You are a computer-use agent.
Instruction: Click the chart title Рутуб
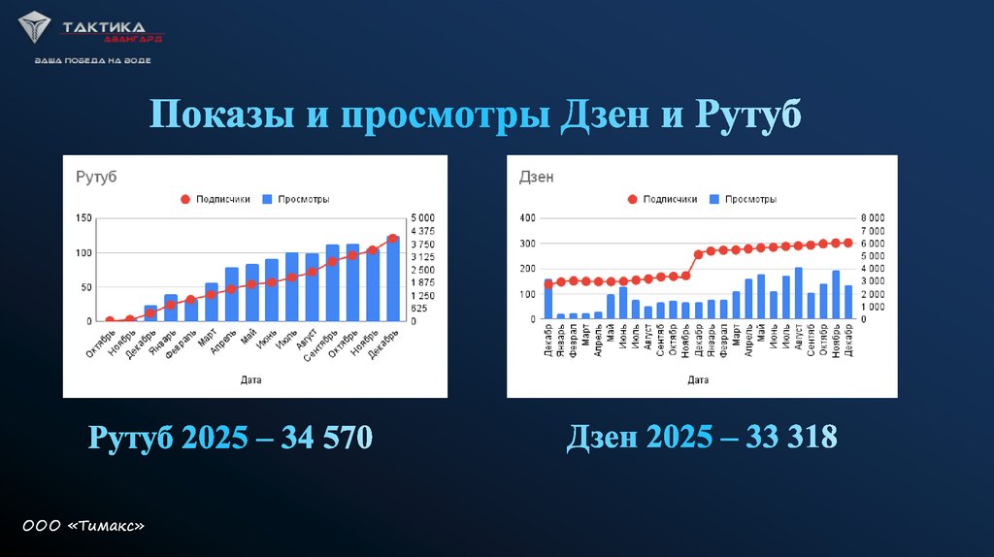coord(96,177)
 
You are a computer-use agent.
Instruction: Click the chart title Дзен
coord(537,177)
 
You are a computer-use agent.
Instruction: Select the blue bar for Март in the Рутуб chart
coord(212,302)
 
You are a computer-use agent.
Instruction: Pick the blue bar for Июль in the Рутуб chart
coord(292,287)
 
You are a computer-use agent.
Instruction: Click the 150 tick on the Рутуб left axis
coord(83,218)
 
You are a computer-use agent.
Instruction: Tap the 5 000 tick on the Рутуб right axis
coord(423,218)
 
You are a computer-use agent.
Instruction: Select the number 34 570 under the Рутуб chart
coord(326,437)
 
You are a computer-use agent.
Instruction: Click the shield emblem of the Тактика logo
coord(37,29)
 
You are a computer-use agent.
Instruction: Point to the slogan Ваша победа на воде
coord(92,60)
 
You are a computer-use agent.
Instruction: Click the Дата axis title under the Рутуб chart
coord(250,380)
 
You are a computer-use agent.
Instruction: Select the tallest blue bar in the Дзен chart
coord(799,293)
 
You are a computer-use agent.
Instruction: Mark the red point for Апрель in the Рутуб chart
coord(231,289)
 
